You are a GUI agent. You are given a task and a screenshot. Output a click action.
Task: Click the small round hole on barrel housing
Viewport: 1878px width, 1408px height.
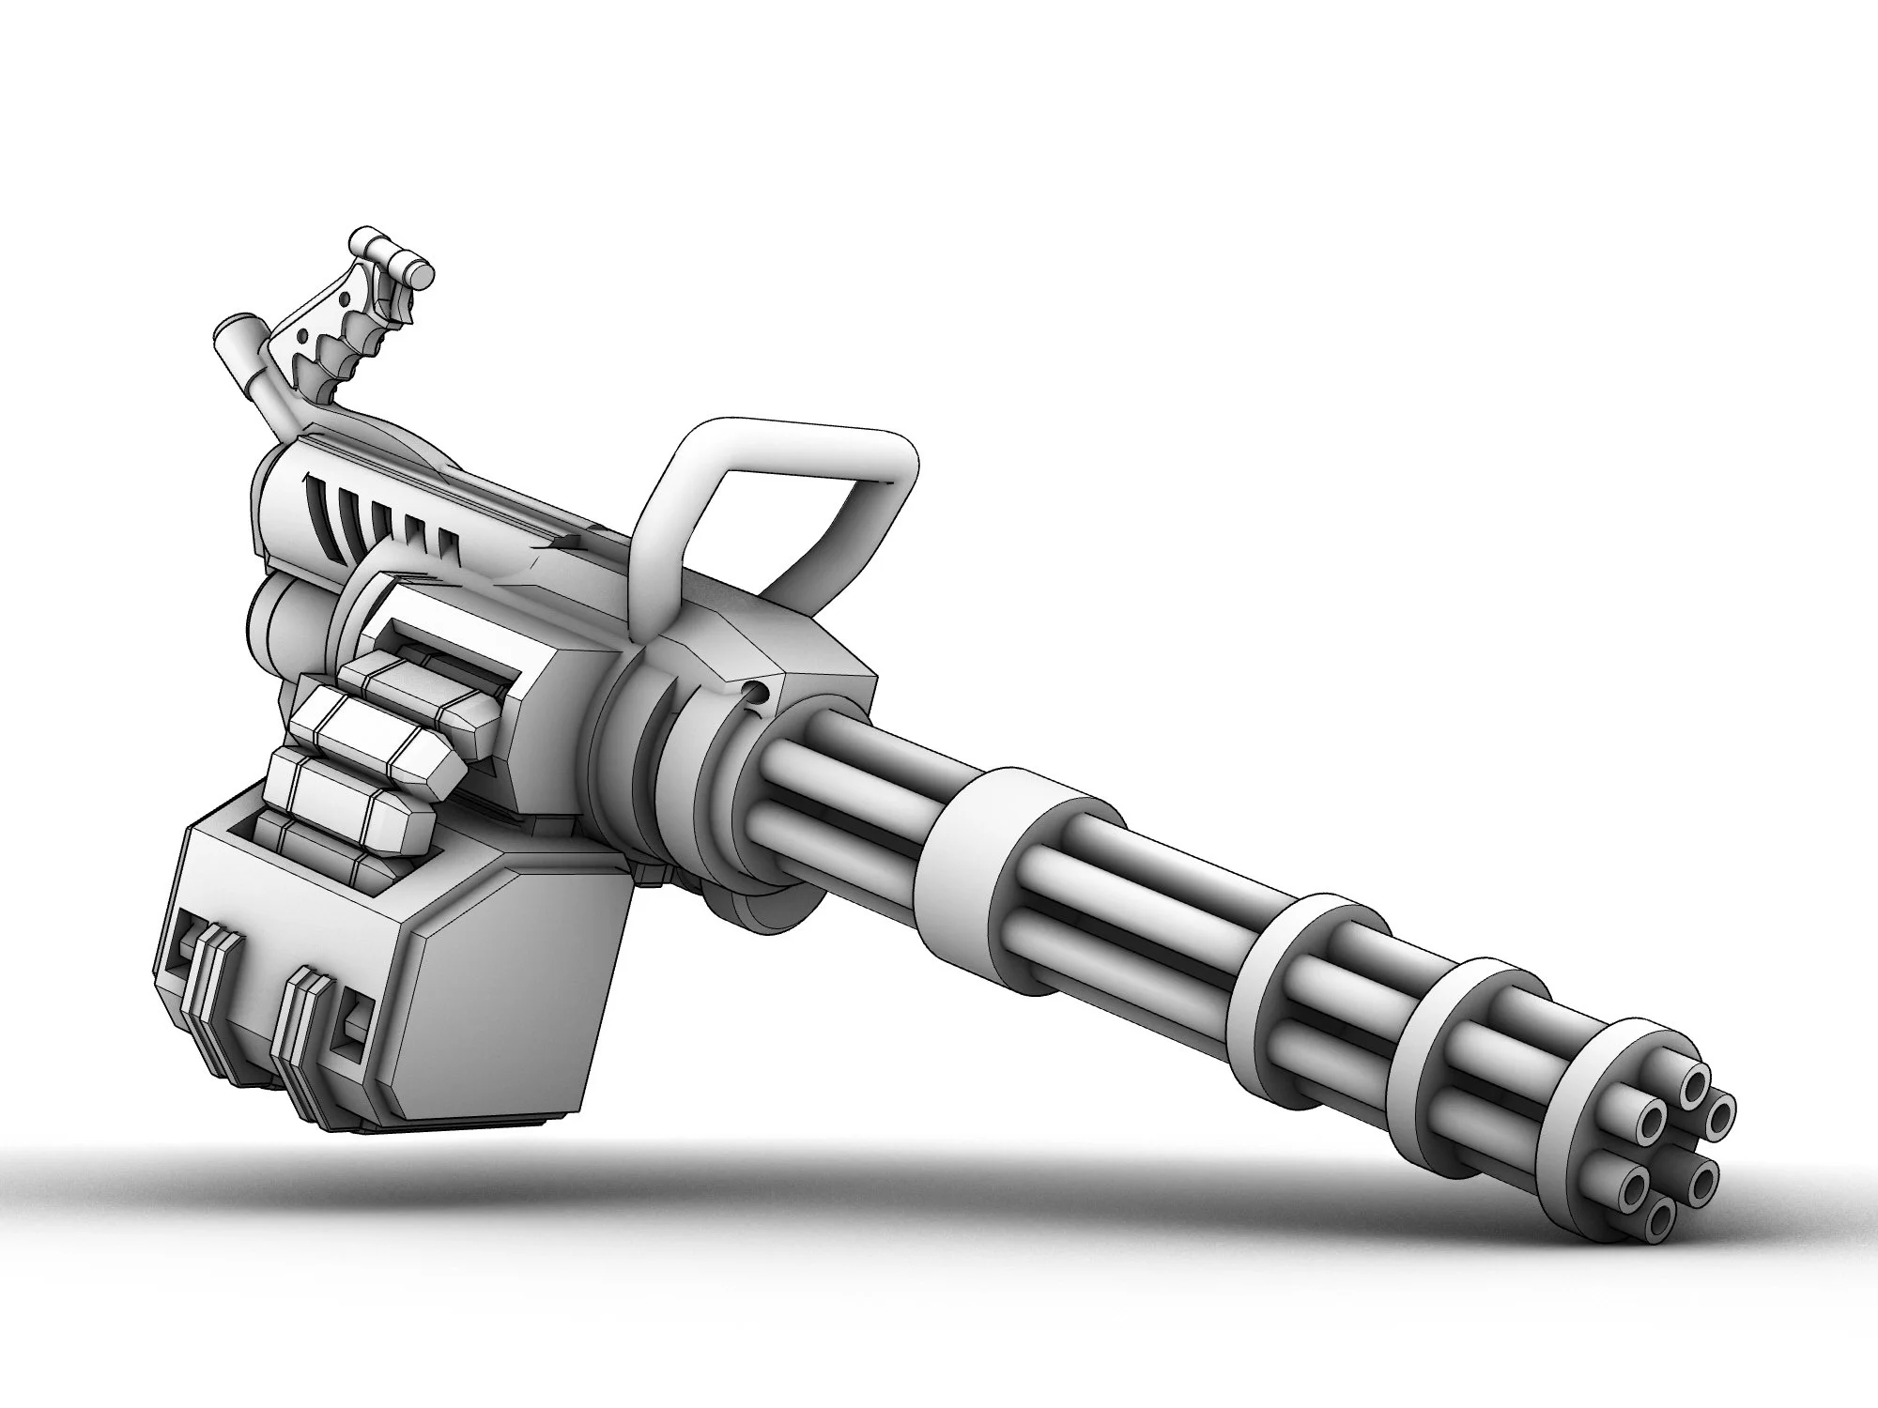pos(754,695)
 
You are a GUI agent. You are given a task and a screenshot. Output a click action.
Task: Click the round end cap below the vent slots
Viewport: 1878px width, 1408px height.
pos(272,620)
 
